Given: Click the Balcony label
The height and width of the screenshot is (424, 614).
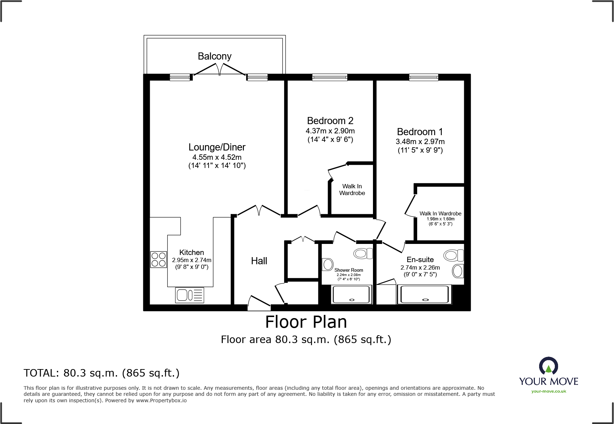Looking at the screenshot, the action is pos(215,56).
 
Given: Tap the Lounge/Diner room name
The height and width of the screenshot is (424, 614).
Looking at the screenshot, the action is pos(217,147).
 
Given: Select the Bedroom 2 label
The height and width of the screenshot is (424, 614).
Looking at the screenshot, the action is pos(330,121).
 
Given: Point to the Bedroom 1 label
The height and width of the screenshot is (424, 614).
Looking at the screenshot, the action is pos(420,132).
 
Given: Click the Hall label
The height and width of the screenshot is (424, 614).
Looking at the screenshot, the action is pos(259,261).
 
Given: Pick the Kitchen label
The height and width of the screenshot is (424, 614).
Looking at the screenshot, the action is pos(191,252).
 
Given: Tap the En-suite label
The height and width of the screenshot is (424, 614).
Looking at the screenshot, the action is pos(420,260).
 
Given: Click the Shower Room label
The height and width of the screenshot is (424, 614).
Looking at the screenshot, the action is pos(349,270).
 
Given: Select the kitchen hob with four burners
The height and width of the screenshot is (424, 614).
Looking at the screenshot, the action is pos(158,260).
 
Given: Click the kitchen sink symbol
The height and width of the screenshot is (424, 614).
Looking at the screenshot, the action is pos(190,295).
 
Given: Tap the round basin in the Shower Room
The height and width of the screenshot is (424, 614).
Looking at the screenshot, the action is pos(328,265).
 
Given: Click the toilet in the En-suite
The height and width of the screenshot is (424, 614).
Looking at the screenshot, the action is pos(454,255).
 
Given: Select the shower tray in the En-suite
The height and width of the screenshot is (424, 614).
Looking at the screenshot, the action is pos(424,295).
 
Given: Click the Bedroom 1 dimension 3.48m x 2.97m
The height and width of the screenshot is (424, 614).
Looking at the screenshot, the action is pos(420,142).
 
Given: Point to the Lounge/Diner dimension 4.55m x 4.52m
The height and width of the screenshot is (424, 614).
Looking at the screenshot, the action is pos(217,157).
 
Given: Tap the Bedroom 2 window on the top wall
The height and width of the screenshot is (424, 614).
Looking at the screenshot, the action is pos(329,77).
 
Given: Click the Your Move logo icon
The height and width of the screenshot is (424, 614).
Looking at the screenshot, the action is pos(549,366).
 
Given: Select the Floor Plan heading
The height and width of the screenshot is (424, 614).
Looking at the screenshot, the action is pos(306,322).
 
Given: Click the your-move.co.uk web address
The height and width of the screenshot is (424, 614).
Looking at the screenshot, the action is pos(549,391).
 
